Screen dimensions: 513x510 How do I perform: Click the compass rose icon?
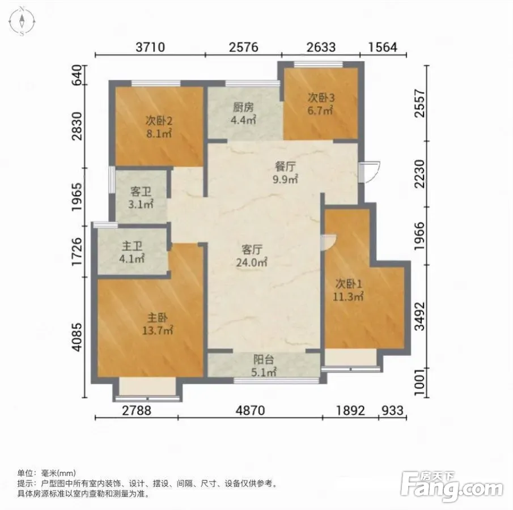[22, 22]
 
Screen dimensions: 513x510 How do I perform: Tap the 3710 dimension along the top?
[150, 48]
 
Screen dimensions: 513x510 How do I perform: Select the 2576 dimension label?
[243, 48]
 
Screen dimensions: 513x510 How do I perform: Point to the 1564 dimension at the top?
[383, 48]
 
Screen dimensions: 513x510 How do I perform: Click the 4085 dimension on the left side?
[77, 337]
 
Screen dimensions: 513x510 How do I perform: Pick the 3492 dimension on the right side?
[420, 316]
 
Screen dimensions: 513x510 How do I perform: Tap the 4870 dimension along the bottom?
[251, 410]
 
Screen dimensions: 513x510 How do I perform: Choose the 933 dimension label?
[393, 410]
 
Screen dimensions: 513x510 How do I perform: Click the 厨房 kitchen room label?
[243, 107]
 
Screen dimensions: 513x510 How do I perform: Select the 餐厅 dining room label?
[285, 167]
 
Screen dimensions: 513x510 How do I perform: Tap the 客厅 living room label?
[252, 250]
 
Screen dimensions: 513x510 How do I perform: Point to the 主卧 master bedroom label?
[158, 318]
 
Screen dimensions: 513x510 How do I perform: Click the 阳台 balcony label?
[264, 360]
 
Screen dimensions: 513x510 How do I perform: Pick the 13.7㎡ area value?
[158, 330]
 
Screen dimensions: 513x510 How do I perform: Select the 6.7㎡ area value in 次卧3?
[320, 110]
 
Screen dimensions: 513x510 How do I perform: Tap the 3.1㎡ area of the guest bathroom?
[141, 205]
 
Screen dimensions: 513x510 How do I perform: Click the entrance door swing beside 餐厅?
[370, 172]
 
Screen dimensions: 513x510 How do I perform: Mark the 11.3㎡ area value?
[349, 297]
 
